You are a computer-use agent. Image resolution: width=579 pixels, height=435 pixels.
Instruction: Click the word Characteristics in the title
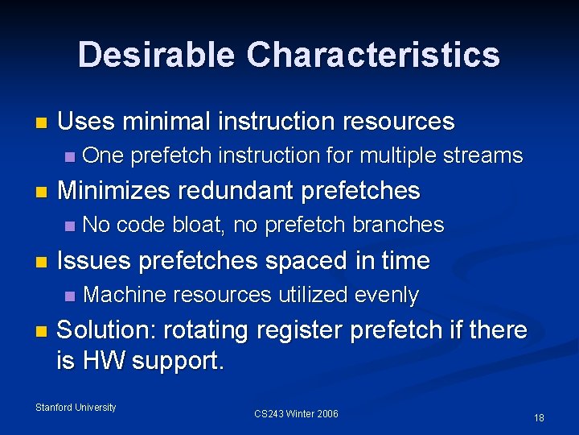point(373,55)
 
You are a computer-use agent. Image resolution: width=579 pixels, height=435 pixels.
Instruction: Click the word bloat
point(199,225)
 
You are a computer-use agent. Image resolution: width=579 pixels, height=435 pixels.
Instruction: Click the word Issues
point(95,261)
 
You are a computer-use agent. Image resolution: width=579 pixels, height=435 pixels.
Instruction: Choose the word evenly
point(382,296)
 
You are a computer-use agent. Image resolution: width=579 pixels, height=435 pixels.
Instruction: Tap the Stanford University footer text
point(76,408)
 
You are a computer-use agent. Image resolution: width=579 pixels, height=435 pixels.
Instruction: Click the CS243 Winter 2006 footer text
point(296,414)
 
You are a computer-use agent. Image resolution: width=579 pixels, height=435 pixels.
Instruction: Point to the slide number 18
point(539,417)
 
